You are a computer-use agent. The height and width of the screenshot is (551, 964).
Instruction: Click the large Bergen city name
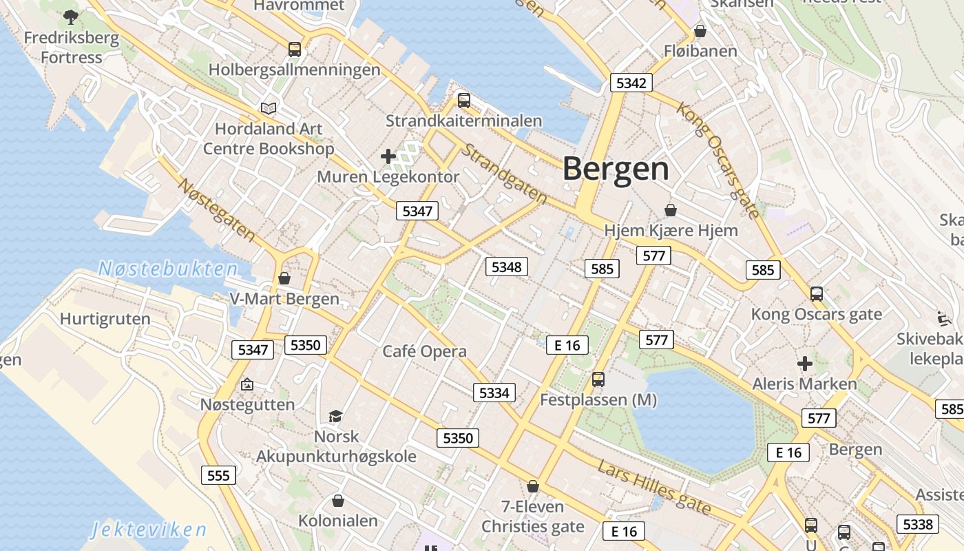[616, 169]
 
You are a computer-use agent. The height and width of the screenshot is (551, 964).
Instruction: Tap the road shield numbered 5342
[631, 83]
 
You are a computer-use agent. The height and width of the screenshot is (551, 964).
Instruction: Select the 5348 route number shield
[506, 267]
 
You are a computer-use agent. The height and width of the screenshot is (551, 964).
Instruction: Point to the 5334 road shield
[494, 393]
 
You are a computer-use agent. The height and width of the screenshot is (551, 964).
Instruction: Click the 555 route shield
[218, 475]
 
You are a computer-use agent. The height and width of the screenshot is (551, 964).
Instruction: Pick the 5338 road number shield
[917, 524]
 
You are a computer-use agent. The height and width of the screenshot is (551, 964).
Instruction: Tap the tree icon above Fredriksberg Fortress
[70, 17]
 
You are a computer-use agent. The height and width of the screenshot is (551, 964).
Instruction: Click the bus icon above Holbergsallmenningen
[295, 50]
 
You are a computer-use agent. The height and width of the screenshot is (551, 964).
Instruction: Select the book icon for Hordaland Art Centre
[269, 108]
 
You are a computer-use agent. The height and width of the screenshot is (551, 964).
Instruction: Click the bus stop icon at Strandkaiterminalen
[464, 101]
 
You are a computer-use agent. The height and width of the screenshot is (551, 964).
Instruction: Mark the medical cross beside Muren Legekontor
[388, 156]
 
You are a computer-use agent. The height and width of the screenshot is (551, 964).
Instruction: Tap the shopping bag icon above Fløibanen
[700, 31]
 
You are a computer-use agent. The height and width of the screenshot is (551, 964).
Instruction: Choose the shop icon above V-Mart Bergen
[284, 278]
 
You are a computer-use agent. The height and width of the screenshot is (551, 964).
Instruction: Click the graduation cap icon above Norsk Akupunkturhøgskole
[335, 416]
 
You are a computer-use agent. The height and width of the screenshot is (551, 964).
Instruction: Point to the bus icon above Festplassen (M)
[598, 379]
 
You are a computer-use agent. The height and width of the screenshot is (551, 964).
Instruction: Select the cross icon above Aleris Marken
[804, 363]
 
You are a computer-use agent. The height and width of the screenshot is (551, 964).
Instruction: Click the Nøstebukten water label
[168, 269]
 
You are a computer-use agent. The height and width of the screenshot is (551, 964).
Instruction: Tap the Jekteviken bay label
[149, 530]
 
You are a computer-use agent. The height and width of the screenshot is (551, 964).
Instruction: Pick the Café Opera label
[424, 351]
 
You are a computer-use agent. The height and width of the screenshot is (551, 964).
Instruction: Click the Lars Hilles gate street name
[654, 488]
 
